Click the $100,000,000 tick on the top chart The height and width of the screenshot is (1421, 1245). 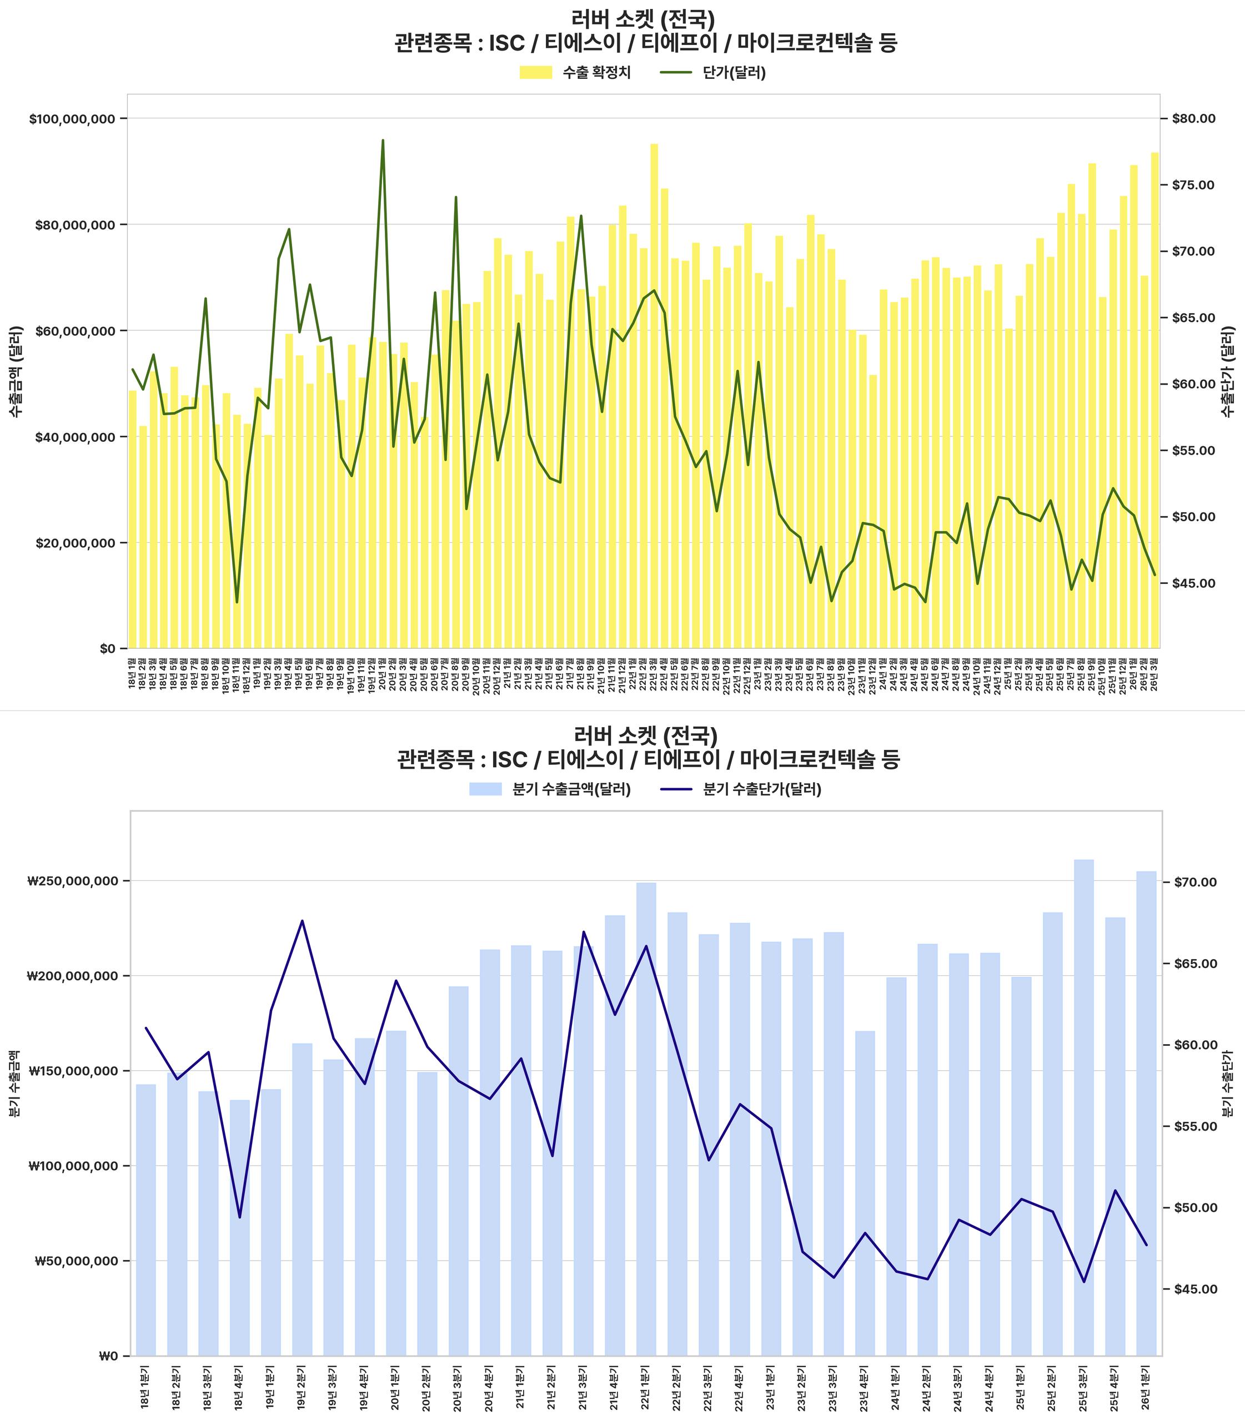click(x=72, y=119)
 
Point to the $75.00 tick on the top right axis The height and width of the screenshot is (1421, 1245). click(x=1193, y=185)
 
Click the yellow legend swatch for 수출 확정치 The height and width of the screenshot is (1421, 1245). click(x=536, y=72)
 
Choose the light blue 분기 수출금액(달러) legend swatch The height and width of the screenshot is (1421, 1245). click(x=485, y=789)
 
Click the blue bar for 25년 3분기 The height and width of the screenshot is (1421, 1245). click(x=1084, y=1111)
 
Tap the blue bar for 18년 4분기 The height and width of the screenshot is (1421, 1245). click(x=240, y=1229)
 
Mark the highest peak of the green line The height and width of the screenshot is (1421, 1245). click(x=383, y=140)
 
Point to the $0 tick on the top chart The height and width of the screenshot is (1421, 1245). click(x=107, y=649)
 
